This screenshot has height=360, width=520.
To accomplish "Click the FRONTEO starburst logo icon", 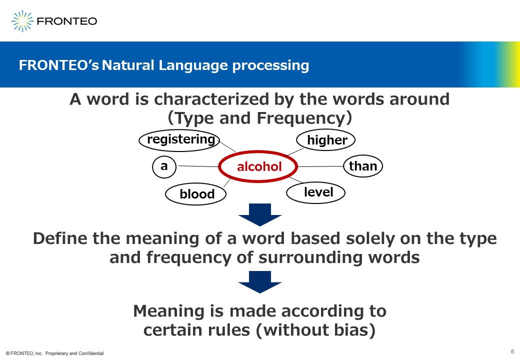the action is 22,21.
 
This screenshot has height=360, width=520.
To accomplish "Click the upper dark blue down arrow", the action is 260,215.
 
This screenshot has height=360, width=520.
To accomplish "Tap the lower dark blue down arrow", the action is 260,282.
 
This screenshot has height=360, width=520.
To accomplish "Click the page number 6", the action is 512,351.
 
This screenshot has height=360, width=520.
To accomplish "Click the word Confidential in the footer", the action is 91,353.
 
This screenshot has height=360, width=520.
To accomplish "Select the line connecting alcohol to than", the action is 320,166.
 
